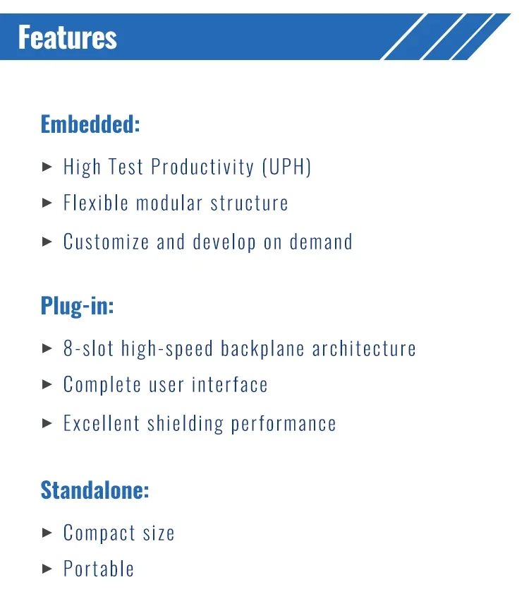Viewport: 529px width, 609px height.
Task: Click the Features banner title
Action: point(68,37)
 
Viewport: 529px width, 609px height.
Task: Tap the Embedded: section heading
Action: point(90,124)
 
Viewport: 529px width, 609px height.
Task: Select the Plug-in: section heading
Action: point(77,306)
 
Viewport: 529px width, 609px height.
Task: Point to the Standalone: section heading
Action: point(95,490)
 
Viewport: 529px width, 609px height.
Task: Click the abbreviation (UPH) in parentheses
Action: point(286,167)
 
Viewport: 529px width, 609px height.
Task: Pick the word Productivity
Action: point(202,167)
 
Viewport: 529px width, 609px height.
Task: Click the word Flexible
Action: point(96,203)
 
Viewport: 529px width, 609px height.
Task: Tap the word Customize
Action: point(106,242)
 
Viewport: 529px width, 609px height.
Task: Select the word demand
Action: point(321,242)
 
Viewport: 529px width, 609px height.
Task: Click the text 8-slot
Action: point(88,348)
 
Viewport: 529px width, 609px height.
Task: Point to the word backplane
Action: point(262,349)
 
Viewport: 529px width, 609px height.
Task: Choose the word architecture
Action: point(364,348)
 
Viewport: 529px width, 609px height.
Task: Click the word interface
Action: point(230,384)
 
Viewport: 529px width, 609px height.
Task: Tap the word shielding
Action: point(186,424)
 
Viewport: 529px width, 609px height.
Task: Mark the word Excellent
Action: point(102,423)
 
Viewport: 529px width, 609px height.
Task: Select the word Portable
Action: point(99,569)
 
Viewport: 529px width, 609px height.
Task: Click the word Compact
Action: point(99,533)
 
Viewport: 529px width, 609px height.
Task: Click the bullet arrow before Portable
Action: point(47,569)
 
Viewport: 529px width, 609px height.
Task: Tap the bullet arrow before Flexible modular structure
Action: point(47,203)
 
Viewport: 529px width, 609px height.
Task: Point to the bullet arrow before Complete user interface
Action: point(47,384)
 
